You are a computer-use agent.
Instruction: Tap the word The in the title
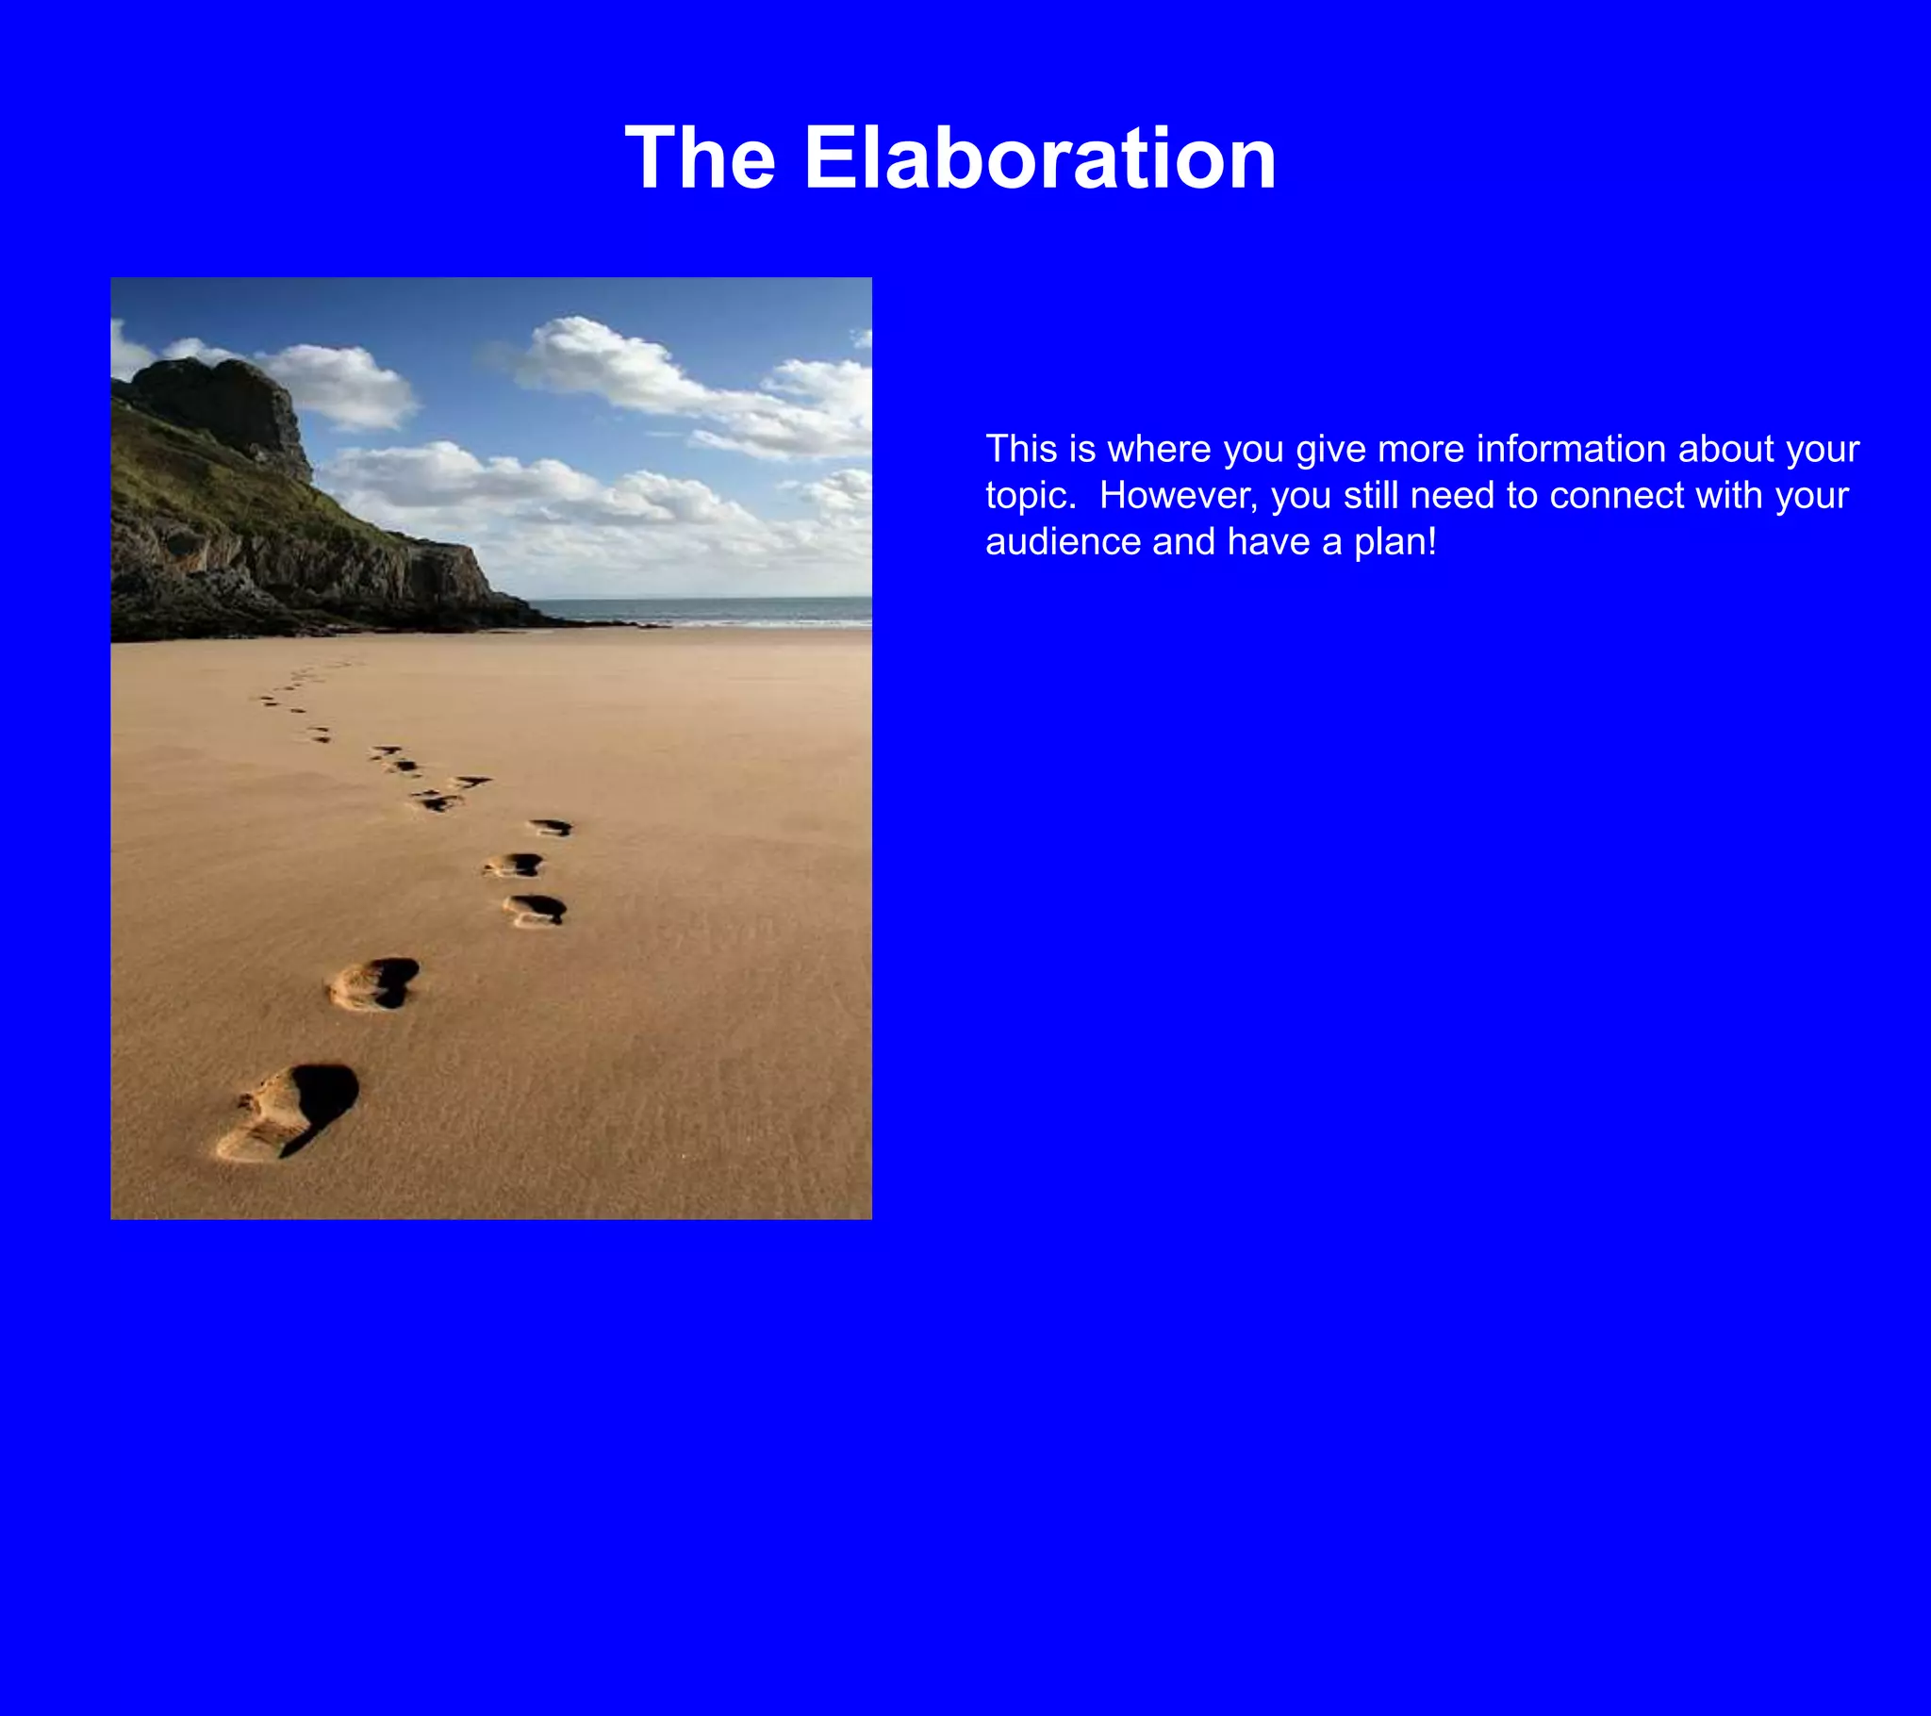coord(700,157)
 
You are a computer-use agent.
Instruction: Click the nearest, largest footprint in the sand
coord(289,1114)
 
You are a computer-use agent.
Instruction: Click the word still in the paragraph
coord(1370,496)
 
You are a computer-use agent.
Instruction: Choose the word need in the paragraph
coord(1454,496)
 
